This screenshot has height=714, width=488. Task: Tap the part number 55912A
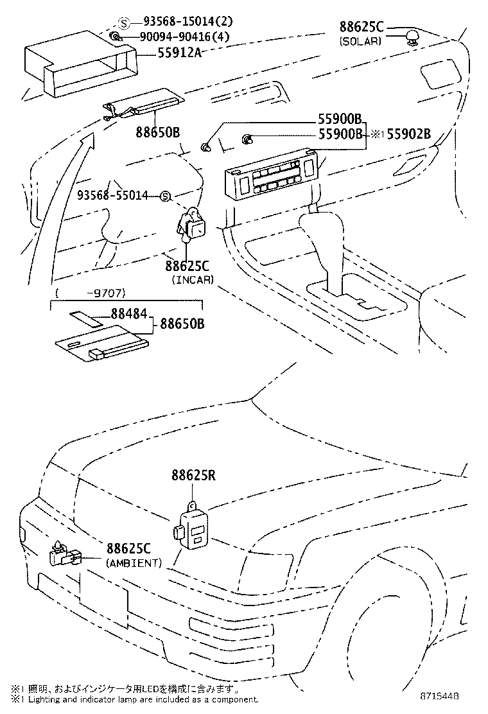180,53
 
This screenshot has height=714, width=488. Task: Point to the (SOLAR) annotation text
360,40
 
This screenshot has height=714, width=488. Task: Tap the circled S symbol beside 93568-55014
164,195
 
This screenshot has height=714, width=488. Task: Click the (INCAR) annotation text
192,279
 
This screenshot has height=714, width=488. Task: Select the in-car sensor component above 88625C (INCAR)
191,225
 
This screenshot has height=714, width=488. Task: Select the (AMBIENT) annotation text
133,562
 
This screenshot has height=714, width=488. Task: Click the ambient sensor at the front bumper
65,555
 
